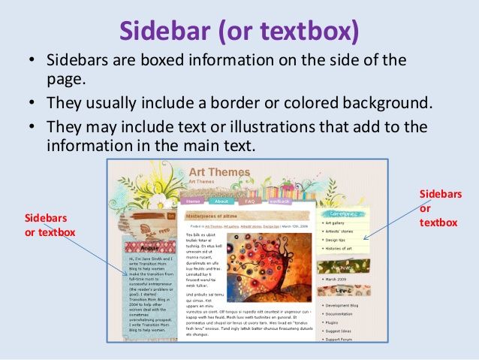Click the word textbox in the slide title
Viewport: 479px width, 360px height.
tap(306, 31)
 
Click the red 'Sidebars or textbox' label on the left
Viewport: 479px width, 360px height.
tap(50, 225)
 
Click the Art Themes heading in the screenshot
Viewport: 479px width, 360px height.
tap(219, 173)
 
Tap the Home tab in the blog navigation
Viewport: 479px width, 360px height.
tap(193, 201)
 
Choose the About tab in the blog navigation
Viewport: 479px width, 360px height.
tap(221, 201)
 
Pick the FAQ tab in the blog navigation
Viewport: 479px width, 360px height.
tap(249, 201)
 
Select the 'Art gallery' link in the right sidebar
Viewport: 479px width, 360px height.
tap(336, 223)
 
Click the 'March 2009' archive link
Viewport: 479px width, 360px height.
tap(336, 279)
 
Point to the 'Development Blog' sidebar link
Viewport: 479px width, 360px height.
tap(345, 307)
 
